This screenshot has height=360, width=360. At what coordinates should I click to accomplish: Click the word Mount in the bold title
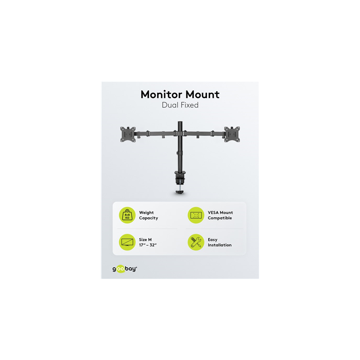click(x=203, y=94)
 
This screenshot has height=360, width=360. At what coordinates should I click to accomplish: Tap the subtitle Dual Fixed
click(x=180, y=105)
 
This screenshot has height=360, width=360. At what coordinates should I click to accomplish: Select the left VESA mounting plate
click(x=128, y=134)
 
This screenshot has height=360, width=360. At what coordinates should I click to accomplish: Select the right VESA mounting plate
click(x=232, y=134)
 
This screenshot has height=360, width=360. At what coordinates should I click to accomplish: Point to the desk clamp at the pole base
click(x=180, y=177)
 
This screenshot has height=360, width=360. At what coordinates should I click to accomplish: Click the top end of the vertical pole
click(x=180, y=121)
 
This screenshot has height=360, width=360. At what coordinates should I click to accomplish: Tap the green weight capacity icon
click(x=127, y=215)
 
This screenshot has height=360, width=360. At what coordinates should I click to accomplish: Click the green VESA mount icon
click(x=196, y=215)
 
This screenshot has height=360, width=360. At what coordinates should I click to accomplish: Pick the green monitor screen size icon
click(x=127, y=242)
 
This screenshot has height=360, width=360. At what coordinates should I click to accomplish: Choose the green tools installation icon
click(x=196, y=242)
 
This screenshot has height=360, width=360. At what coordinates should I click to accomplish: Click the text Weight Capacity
click(x=148, y=216)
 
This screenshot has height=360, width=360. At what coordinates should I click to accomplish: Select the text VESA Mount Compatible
click(x=220, y=216)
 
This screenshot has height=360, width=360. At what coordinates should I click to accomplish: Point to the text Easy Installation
click(x=220, y=243)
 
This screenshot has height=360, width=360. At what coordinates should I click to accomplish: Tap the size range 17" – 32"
click(x=148, y=245)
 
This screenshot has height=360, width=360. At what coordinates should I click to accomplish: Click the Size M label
click(x=145, y=240)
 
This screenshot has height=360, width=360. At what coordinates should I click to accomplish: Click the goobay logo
click(x=125, y=269)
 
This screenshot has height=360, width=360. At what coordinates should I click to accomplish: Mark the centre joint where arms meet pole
click(x=180, y=133)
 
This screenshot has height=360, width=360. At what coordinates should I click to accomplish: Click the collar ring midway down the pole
click(x=180, y=153)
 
